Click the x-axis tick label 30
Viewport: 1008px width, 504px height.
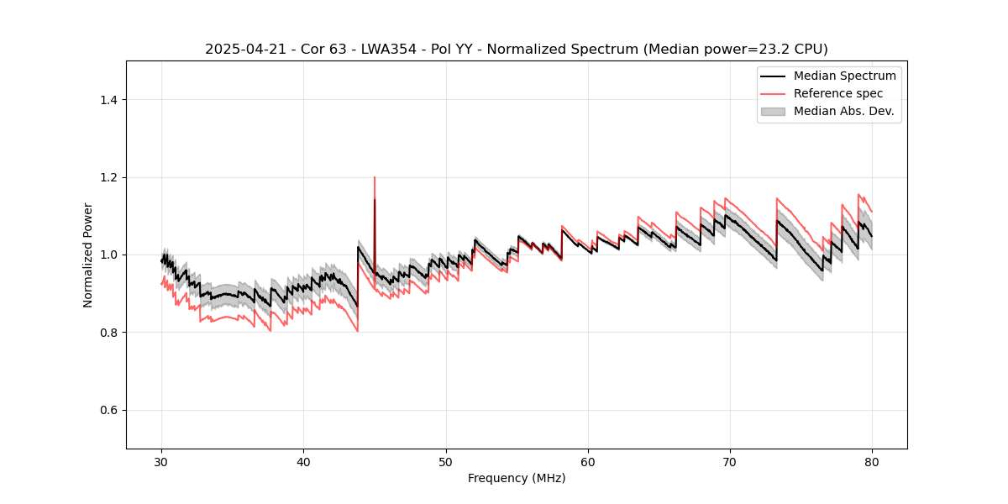point(162,461)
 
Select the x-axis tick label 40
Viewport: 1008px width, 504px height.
point(304,461)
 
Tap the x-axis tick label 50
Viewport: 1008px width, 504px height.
point(446,461)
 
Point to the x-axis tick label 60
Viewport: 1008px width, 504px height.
point(588,461)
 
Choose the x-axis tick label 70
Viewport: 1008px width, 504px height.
point(730,461)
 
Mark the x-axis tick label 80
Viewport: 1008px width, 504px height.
point(872,461)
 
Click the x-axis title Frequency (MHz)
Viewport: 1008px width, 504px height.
point(517,478)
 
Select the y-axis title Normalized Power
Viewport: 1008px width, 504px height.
point(87,255)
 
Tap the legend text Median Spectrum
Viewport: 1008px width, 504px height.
point(844,76)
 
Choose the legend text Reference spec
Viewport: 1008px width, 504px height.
point(838,93)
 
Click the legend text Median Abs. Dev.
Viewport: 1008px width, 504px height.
point(843,111)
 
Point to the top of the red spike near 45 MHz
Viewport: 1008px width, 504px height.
point(375,177)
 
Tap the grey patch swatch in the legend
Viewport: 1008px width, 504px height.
point(773,111)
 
